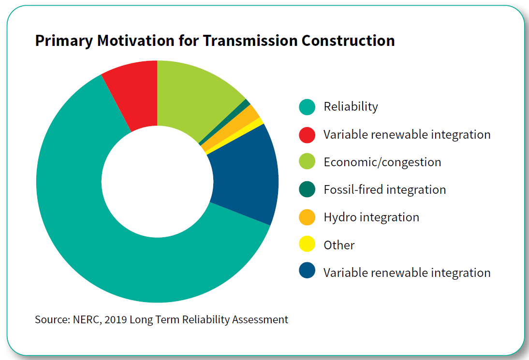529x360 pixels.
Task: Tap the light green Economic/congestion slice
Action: click(193, 97)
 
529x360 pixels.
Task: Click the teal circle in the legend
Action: click(307, 107)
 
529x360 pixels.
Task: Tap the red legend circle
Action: click(307, 134)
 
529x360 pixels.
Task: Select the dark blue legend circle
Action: click(307, 273)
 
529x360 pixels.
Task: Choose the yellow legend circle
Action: click(307, 245)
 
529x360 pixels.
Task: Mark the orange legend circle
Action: click(307, 217)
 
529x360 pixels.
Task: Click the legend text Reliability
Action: click(351, 107)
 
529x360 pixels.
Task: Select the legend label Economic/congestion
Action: click(382, 162)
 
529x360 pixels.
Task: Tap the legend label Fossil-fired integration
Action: click(384, 189)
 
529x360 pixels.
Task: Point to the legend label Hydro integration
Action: click(371, 217)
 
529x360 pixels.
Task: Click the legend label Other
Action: click(339, 245)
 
